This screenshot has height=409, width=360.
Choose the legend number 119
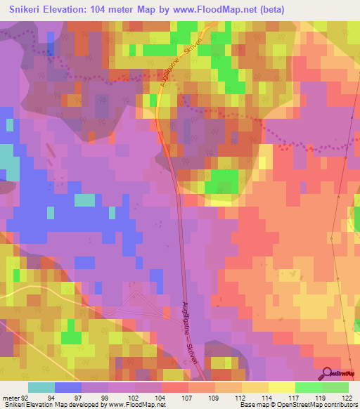(x=321, y=397)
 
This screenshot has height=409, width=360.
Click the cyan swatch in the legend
(x=41, y=387)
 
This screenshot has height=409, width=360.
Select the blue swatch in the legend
(x=68, y=387)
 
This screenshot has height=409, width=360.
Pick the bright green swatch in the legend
(x=308, y=387)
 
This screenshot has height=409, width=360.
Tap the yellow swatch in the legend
(x=281, y=387)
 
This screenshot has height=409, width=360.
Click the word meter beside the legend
(x=11, y=397)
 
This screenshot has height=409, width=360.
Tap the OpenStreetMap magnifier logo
(x=328, y=374)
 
